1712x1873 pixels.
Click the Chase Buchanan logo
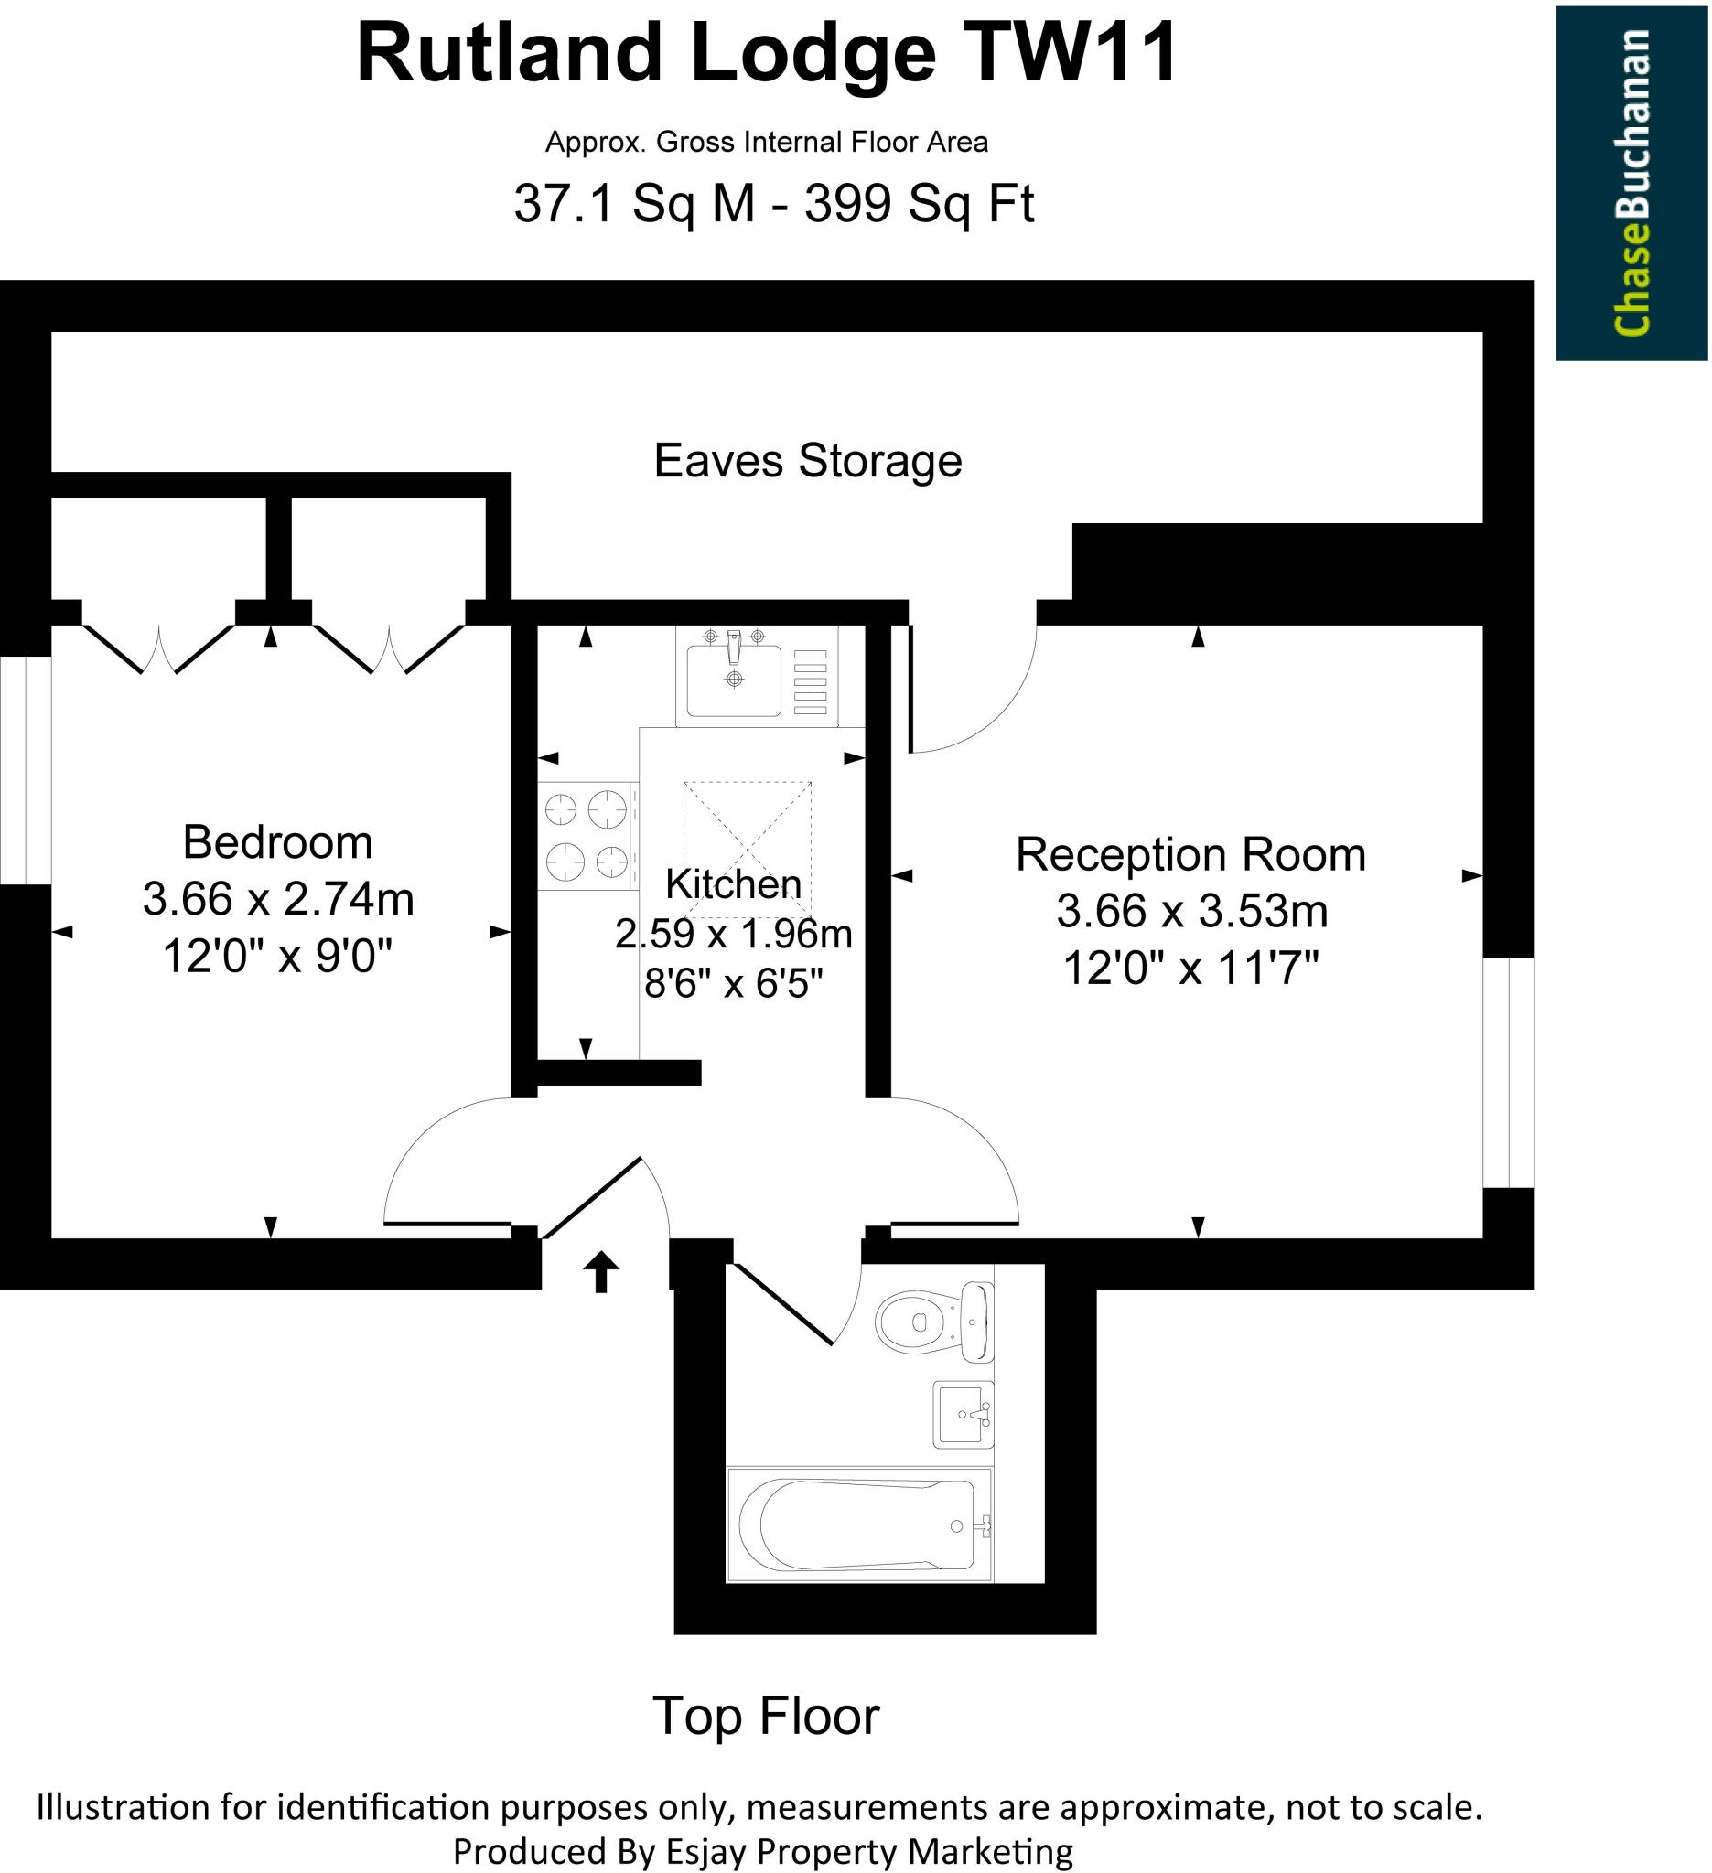pos(1631,183)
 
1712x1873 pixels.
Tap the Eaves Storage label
pos(807,461)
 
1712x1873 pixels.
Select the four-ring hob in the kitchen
pos(587,835)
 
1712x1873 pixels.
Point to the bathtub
pos(859,1524)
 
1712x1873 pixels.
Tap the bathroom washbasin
pos(963,1414)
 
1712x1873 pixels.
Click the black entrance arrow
pos(600,1272)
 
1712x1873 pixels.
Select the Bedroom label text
pos(277,842)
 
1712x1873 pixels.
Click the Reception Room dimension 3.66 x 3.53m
pos(1191,912)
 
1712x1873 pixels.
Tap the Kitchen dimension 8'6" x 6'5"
pos(733,983)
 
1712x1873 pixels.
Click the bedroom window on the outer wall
pos(25,770)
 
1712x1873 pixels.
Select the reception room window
pos(1508,1073)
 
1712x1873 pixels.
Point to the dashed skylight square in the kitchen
pos(748,851)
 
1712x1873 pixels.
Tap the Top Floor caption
pos(765,1716)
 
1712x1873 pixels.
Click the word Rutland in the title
pos(508,55)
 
